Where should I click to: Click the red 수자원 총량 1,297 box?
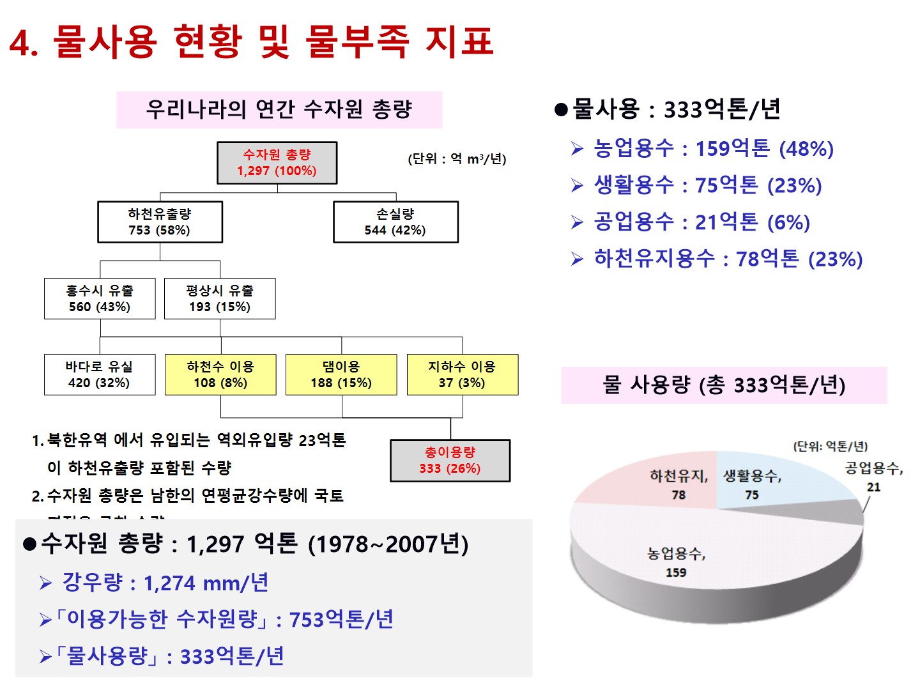277,163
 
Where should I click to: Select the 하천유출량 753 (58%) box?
160,222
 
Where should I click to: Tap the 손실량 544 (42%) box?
395,222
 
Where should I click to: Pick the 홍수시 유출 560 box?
100,298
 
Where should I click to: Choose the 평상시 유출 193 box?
220,298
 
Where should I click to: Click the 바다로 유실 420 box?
100,374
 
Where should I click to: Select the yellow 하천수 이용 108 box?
220,374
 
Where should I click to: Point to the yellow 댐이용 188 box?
341,374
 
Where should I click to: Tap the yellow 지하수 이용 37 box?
462,374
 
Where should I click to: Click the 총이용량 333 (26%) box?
450,460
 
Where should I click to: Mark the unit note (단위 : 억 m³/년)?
457,159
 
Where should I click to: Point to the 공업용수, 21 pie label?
873,476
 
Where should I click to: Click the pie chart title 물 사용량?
724,385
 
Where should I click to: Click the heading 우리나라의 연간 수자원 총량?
279,110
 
